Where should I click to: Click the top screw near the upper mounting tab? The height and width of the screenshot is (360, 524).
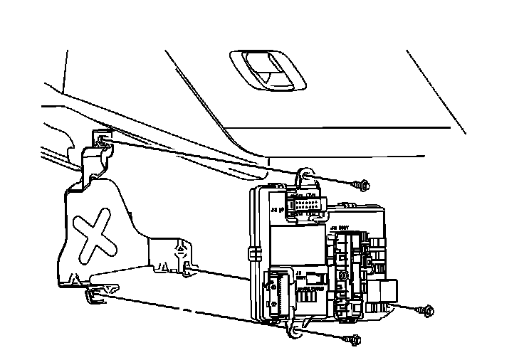point(362,186)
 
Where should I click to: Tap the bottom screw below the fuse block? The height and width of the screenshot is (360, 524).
point(352,340)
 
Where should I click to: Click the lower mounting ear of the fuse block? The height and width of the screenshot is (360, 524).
point(293,329)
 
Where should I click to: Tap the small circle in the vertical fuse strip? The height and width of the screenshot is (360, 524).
point(343,275)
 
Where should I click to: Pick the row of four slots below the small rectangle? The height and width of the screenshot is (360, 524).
point(308,298)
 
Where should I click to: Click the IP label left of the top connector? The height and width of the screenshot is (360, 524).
point(277,210)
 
